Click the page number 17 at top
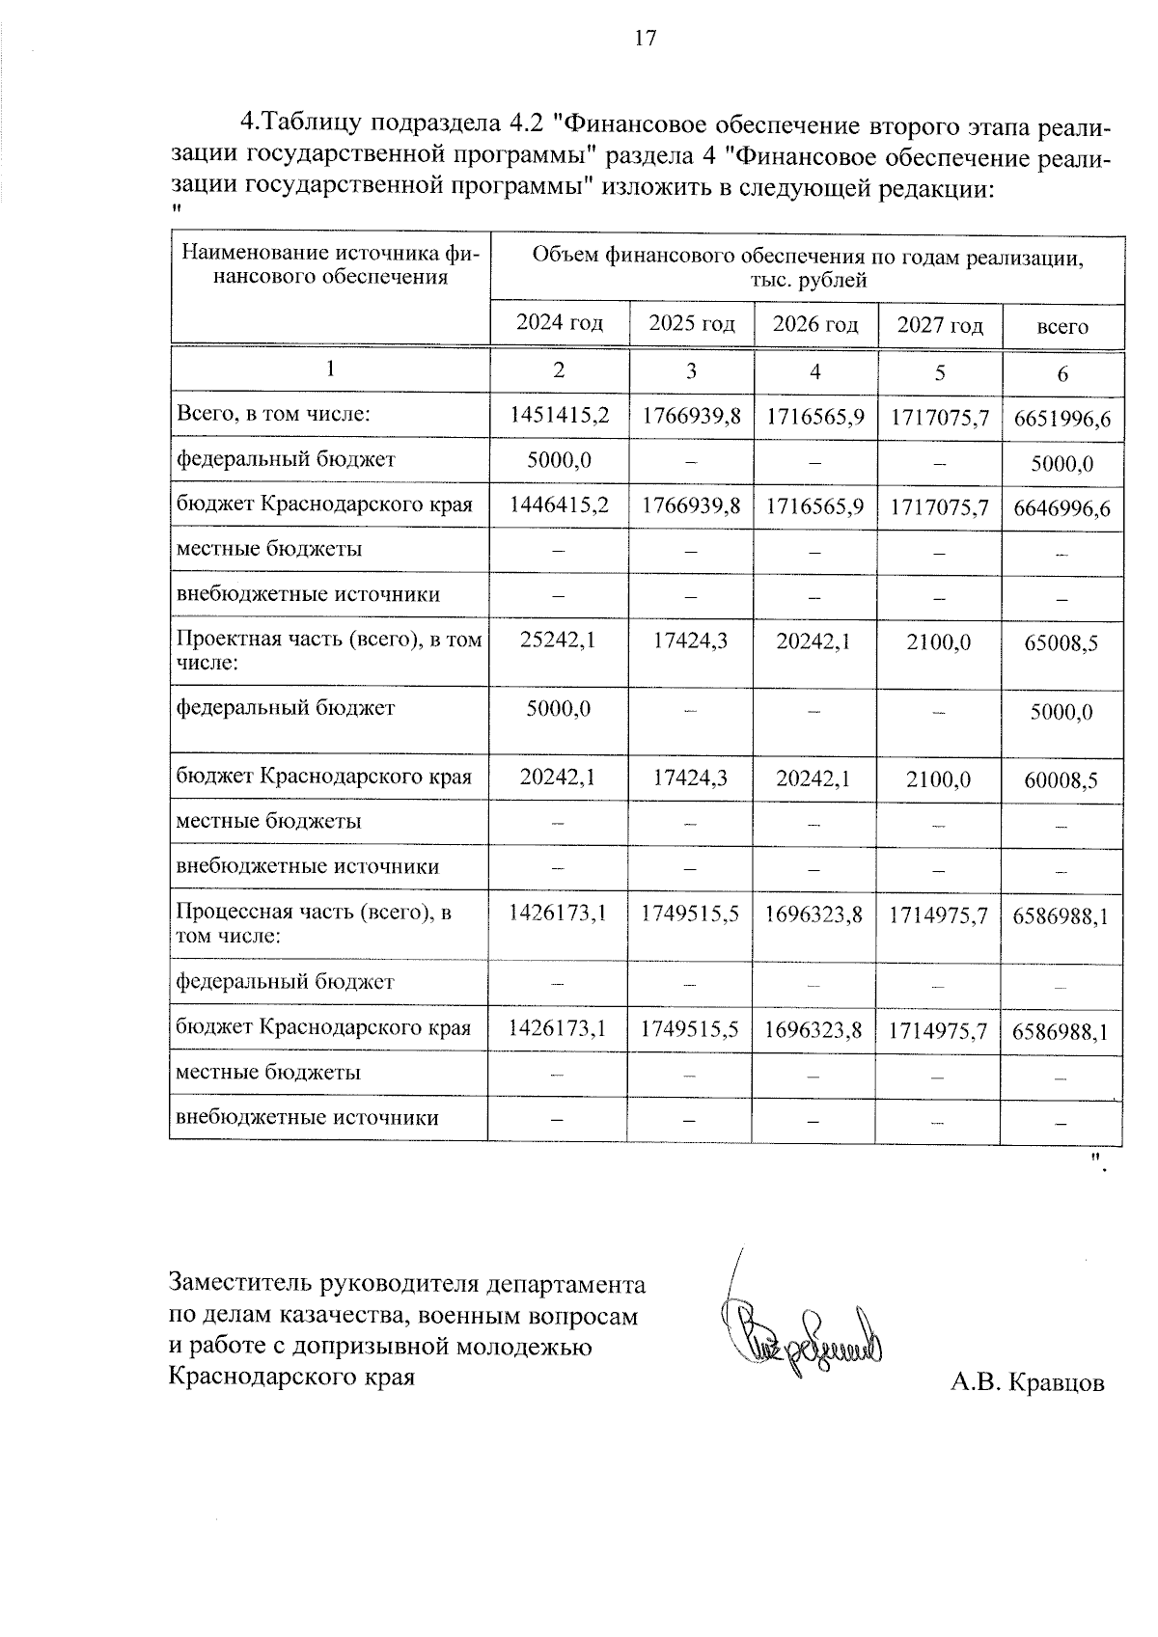(x=646, y=39)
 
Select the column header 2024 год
(x=559, y=323)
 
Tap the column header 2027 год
(x=940, y=325)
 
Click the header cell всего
(x=1062, y=327)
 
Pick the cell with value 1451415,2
(x=559, y=416)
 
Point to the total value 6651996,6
(x=1061, y=420)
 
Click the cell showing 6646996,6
(x=1061, y=508)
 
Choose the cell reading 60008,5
(x=1061, y=780)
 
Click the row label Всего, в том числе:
(x=273, y=415)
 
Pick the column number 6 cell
(x=1062, y=374)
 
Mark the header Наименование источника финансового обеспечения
(x=330, y=265)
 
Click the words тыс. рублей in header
(x=807, y=281)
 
